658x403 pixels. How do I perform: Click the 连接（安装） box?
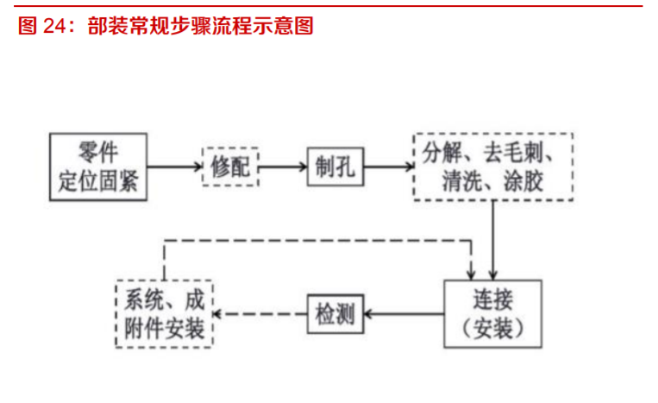pyautogui.click(x=492, y=315)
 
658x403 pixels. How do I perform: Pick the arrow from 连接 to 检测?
pyautogui.click(x=404, y=315)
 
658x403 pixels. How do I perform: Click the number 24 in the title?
pyautogui.click(x=54, y=27)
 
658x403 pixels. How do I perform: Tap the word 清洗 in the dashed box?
pyautogui.click(x=448, y=182)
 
